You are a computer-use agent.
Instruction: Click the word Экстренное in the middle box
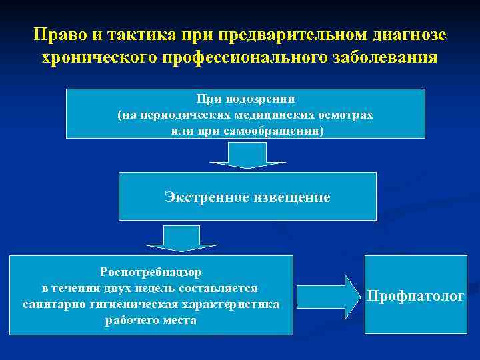(x=205, y=197)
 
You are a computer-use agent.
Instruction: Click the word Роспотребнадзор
(x=151, y=272)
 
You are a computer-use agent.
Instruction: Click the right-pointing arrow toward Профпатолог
(x=327, y=294)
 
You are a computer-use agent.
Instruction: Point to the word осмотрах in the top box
(x=345, y=115)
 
